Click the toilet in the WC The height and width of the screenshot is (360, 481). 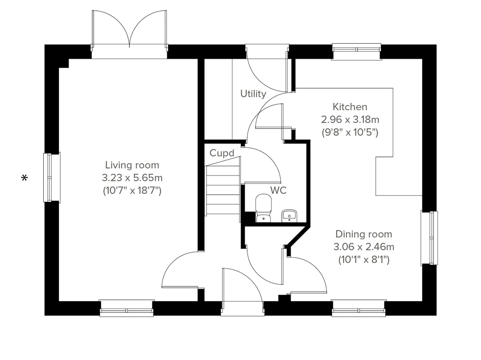263,207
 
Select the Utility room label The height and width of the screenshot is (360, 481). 253,94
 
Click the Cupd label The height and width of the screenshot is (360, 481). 222,153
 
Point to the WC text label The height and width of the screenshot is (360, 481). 278,191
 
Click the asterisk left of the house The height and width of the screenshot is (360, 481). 25,178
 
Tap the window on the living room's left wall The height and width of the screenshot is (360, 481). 52,177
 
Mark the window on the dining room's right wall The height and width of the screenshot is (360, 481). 429,238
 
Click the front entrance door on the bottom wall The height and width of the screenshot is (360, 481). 242,292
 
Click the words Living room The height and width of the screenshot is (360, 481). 132,165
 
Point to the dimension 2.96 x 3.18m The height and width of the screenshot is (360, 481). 350,119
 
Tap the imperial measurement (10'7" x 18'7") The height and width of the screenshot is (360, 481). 132,191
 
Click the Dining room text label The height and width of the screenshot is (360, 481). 364,234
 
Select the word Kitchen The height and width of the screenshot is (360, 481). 350,107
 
